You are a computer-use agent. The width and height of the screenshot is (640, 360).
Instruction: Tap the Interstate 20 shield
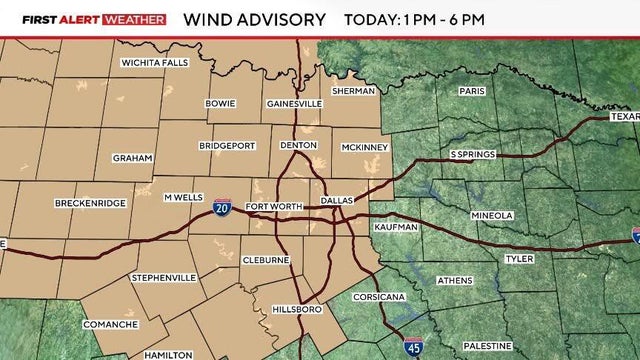point(222,207)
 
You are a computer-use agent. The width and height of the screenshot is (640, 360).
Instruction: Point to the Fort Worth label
point(271,207)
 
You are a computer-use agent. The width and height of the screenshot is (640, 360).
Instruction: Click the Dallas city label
point(337,201)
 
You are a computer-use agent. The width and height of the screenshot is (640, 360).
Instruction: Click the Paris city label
point(472,90)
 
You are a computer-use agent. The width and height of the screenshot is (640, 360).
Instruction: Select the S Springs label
point(473,155)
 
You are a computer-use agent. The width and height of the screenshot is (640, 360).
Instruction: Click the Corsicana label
point(377,298)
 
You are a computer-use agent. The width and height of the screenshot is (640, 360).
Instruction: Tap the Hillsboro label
point(297,311)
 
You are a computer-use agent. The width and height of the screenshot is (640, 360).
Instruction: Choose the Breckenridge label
point(90,203)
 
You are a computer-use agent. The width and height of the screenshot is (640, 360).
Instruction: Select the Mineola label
point(492,215)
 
